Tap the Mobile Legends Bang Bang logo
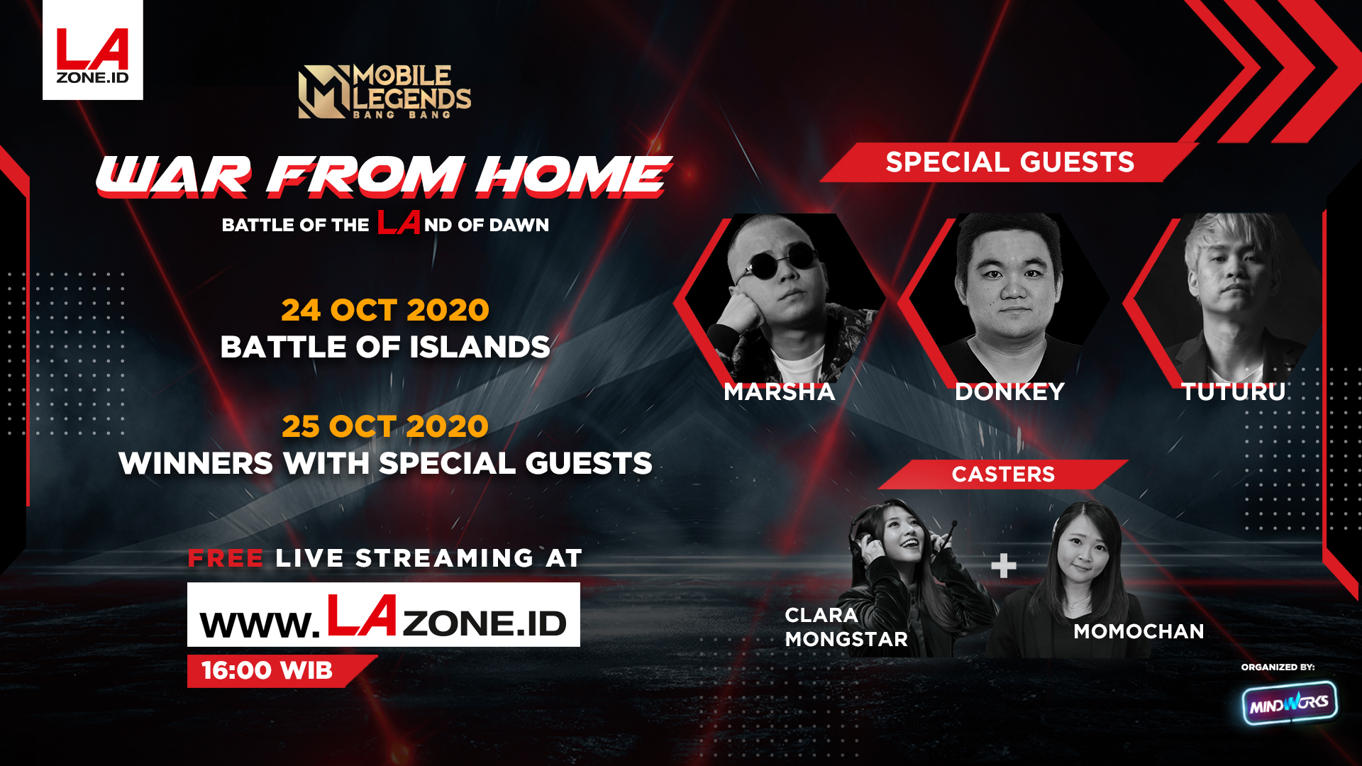coord(384,91)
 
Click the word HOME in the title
coord(572,176)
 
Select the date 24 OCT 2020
coord(385,310)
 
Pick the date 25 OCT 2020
coord(385,426)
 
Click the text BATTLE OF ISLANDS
coord(385,347)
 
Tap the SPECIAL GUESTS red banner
coord(1009,162)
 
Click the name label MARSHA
coord(780,392)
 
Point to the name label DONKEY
coord(1009,392)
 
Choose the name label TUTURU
coord(1234,392)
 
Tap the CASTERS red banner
coord(1003,474)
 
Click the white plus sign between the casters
coord(1004,566)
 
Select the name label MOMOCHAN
coord(1139,631)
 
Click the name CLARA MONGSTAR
coord(846,627)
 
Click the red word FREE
coord(226,558)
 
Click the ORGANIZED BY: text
coord(1278,667)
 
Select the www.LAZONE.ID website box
coord(384,614)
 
